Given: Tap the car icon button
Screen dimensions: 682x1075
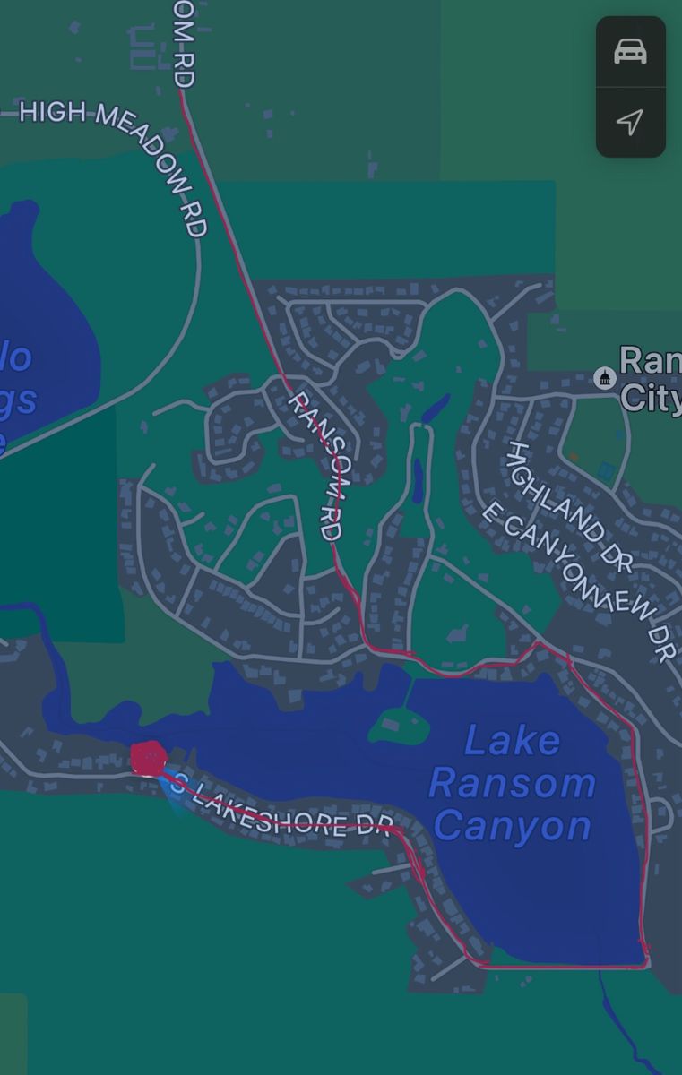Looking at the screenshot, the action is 630,52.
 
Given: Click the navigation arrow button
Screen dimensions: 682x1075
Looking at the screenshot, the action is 630,122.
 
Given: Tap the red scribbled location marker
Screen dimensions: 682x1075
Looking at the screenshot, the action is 148,759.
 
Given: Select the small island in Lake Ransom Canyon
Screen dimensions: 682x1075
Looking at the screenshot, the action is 399,723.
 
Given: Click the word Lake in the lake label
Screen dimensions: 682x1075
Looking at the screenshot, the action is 512,741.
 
